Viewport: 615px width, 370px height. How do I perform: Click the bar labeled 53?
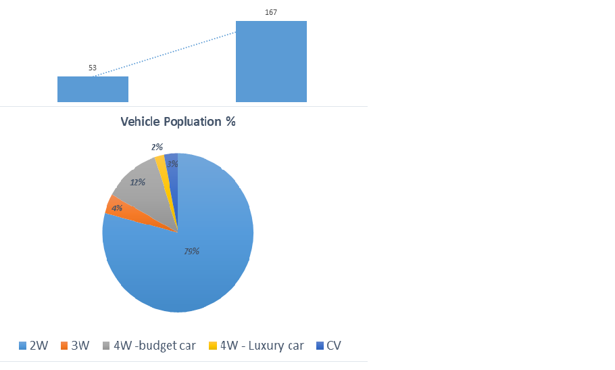pyautogui.click(x=93, y=89)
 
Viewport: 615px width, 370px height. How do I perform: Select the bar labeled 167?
pyautogui.click(x=271, y=62)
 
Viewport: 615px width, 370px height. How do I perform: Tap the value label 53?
pyautogui.click(x=93, y=68)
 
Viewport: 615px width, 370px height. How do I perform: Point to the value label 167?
pyautogui.click(x=271, y=12)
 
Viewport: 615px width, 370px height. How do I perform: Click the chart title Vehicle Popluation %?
pyautogui.click(x=178, y=122)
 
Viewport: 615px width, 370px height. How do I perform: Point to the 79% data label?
pyautogui.click(x=192, y=251)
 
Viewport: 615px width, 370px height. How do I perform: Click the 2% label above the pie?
pyautogui.click(x=157, y=147)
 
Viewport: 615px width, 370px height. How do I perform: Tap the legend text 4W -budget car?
pyautogui.click(x=155, y=346)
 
